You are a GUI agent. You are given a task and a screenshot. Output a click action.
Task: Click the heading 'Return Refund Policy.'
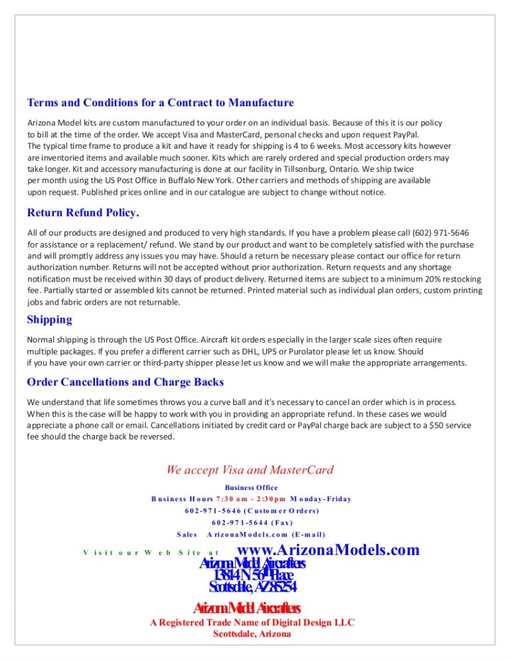pos(83,213)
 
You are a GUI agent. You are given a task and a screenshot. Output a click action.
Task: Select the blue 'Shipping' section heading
pos(50,319)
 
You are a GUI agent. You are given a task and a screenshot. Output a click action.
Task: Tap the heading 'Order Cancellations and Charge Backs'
pos(126,382)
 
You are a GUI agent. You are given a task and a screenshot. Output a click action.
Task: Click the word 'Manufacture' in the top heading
pos(260,103)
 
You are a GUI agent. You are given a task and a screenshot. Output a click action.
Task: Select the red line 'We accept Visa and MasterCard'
pos(250,470)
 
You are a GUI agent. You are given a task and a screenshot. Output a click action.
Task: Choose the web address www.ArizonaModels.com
pos(328,550)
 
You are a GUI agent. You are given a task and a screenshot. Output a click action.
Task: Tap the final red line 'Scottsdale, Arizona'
pos(252,634)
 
